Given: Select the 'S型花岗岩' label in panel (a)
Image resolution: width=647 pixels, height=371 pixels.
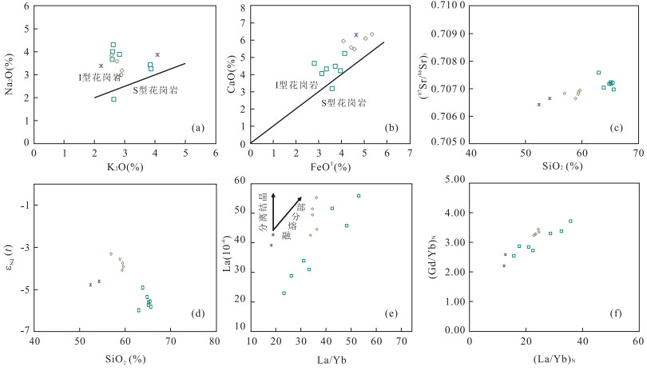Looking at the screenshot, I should click(154, 90).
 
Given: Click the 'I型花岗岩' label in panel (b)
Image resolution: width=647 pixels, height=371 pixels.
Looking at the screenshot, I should click(297, 85).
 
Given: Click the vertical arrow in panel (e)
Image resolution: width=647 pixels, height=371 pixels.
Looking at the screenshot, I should click(272, 212).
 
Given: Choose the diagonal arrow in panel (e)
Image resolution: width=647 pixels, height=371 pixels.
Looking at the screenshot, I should click(288, 213).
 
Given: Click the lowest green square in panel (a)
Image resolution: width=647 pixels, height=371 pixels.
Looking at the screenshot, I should click(113, 99).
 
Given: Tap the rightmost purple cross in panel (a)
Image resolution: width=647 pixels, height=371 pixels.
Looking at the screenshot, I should click(157, 54).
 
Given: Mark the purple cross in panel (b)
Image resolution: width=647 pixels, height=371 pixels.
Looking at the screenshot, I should click(356, 34).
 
